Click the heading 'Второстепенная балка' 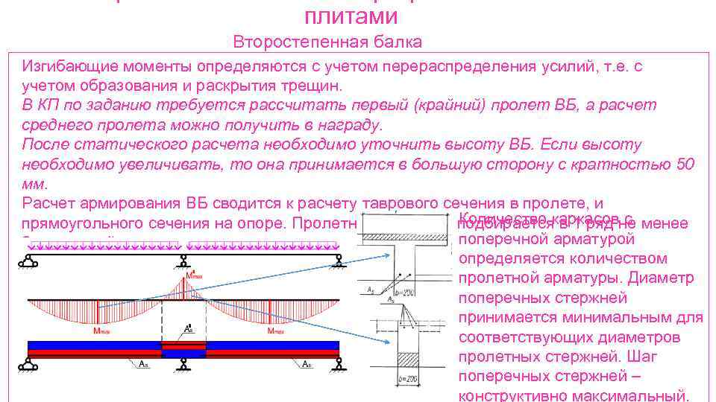pyautogui.click(x=327, y=42)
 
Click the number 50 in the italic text pyautogui.click(x=685, y=164)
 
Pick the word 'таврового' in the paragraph pyautogui.click(x=401, y=203)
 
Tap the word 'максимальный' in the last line pyautogui.click(x=631, y=395)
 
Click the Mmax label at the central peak pyautogui.click(x=193, y=275)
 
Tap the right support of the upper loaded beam pyautogui.click(x=339, y=261)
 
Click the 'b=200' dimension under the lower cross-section pyautogui.click(x=405, y=380)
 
